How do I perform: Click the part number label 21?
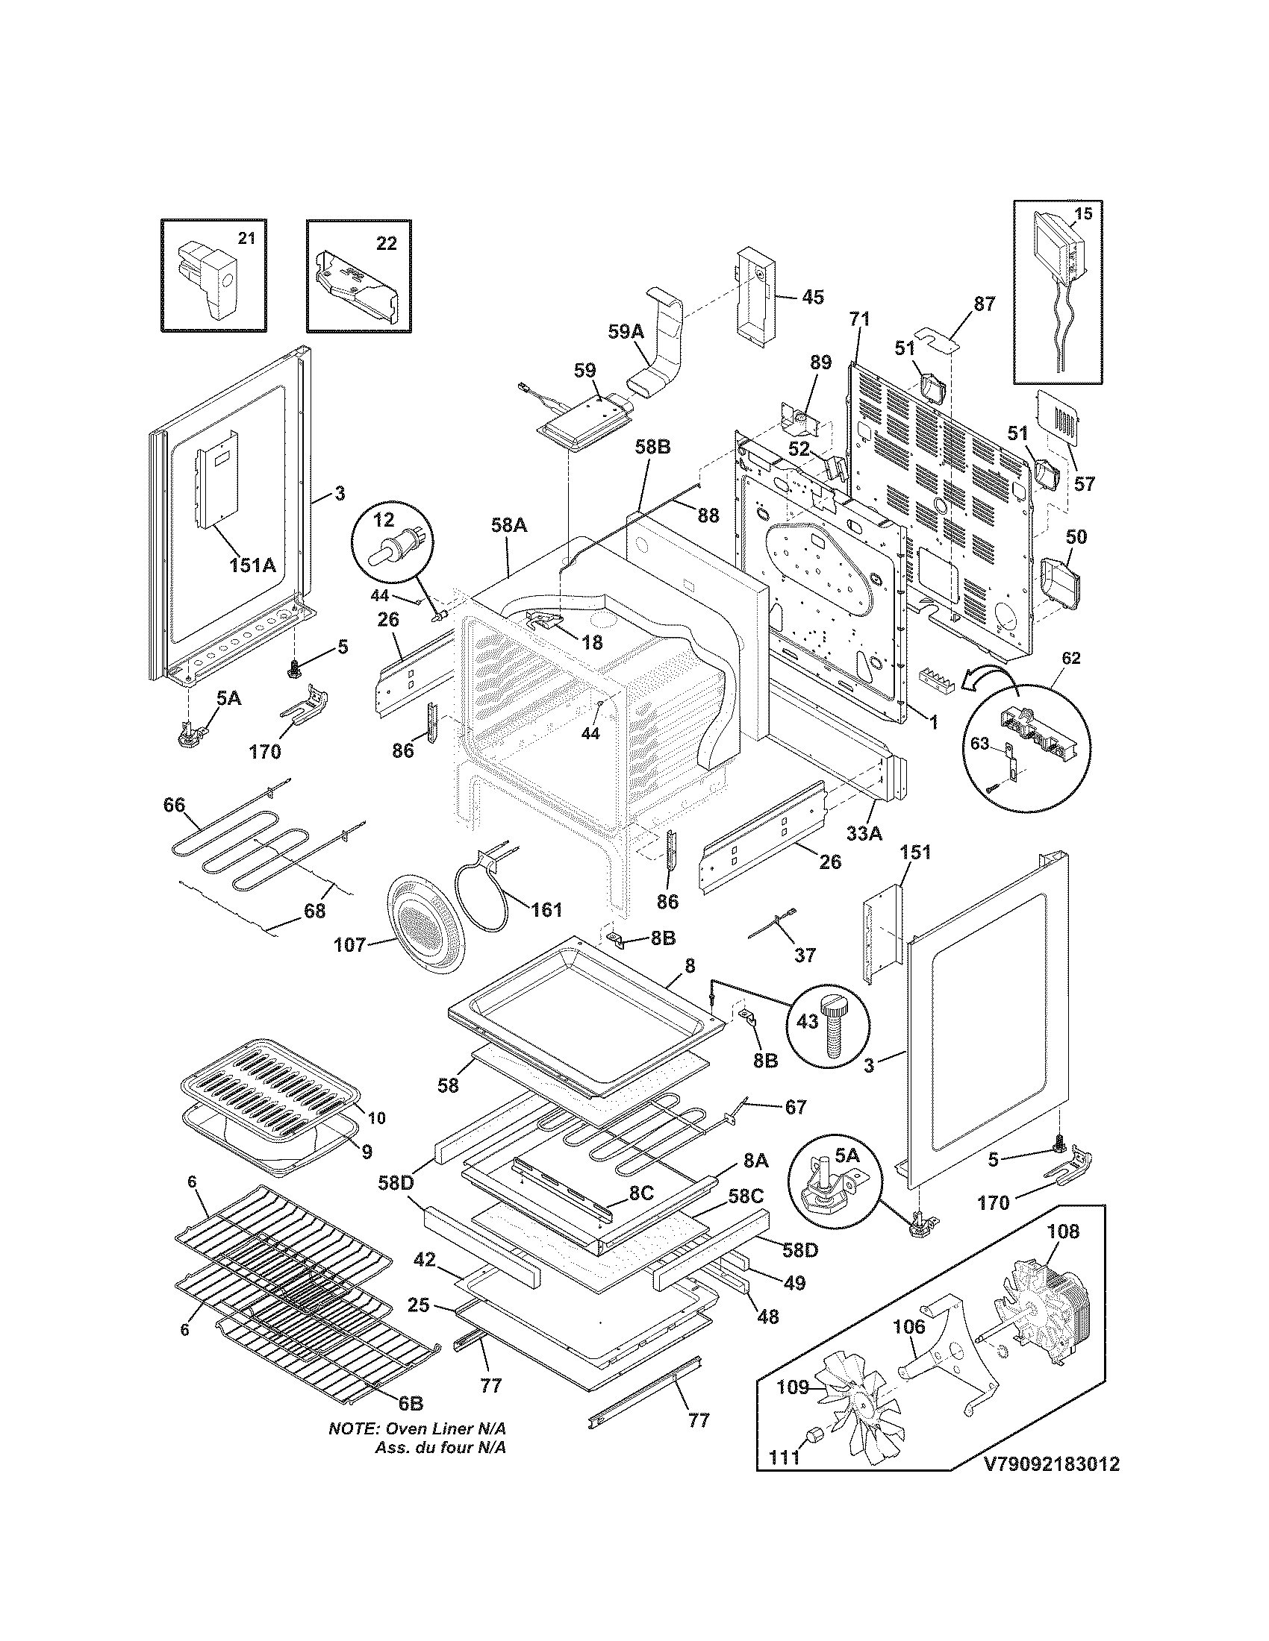point(246,239)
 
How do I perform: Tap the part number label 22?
point(387,245)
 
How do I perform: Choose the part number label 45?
point(813,297)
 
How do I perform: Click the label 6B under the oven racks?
point(411,1403)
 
